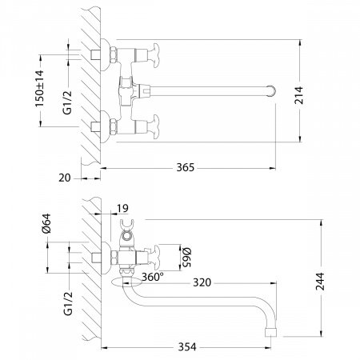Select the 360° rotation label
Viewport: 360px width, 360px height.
pyautogui.click(x=151, y=277)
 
